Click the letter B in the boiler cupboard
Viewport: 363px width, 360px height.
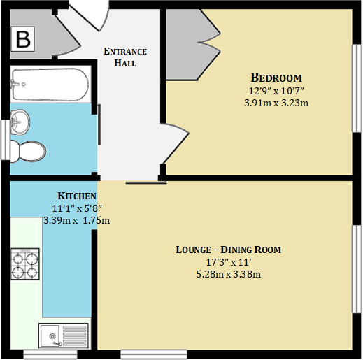23,40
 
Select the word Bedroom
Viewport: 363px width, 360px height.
276,77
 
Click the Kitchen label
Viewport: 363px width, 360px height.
76,196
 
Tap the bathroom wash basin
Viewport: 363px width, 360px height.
21,122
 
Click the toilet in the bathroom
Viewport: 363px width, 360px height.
29,150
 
